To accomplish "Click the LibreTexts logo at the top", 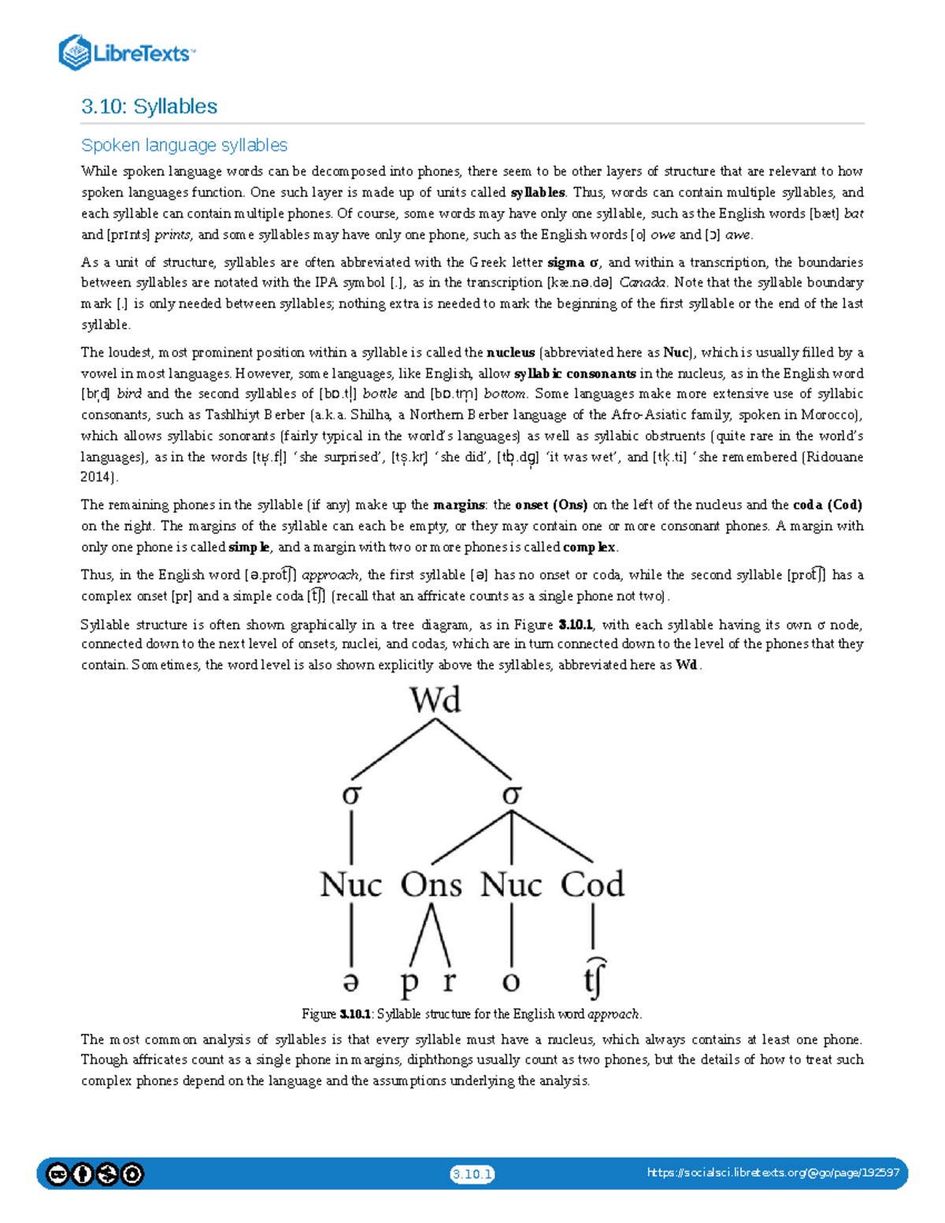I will point(126,53).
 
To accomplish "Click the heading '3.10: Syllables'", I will point(149,106).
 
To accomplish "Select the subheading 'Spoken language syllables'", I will point(183,145).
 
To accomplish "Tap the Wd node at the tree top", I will point(435,700).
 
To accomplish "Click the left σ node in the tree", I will point(351,795).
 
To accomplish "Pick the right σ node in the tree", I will point(512,795).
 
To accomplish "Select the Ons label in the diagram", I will point(431,884).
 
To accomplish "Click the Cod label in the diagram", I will point(592,884).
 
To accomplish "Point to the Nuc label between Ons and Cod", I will point(511,884).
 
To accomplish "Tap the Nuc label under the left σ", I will point(351,884).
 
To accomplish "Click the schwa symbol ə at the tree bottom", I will point(351,982).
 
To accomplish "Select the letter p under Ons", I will point(409,983).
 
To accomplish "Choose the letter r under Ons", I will point(450,982).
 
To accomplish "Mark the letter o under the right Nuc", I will point(511,982).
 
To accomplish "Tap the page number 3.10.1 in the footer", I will point(472,1174).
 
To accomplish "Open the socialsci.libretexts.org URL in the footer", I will point(773,1173).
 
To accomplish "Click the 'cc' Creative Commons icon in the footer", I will point(57,1174).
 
